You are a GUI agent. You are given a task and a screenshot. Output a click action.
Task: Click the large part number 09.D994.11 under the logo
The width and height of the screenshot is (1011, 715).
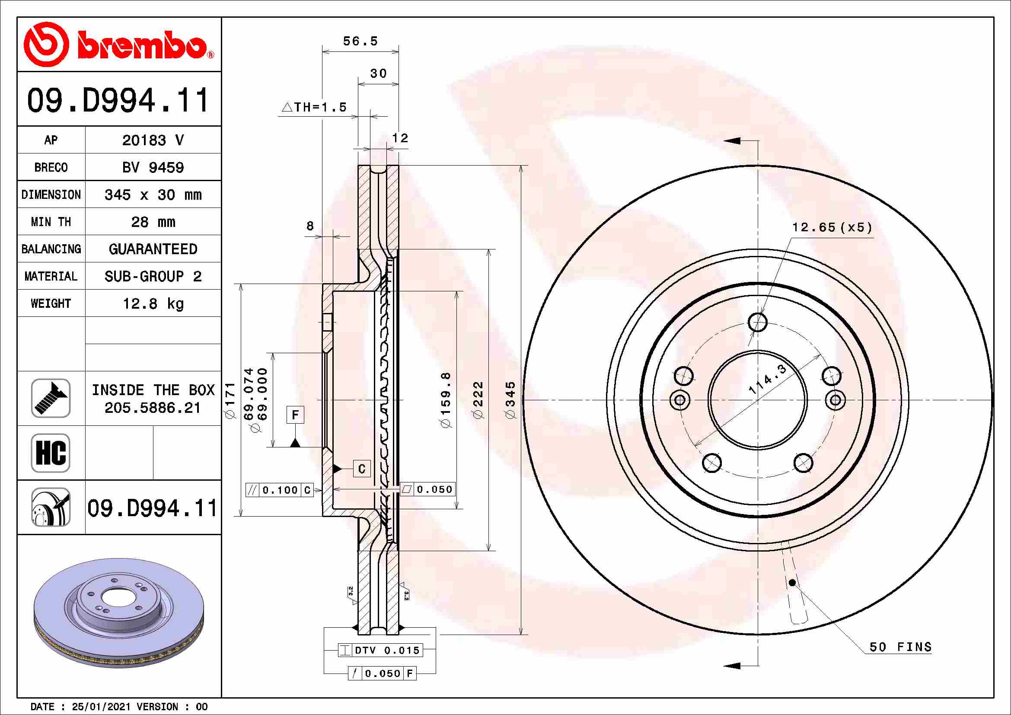point(118,100)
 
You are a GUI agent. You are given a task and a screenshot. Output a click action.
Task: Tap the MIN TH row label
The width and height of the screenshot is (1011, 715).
point(51,222)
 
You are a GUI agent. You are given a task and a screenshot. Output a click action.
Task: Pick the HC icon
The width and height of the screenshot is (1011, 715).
point(51,453)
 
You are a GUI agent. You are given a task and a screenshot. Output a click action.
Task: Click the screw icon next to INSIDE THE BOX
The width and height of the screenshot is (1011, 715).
point(51,398)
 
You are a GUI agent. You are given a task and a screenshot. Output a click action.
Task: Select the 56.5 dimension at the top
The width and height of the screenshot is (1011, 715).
point(360,41)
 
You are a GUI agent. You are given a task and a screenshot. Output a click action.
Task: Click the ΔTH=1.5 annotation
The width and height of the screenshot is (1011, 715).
point(314,107)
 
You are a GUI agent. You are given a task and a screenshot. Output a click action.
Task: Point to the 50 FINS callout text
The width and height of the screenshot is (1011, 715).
point(900,647)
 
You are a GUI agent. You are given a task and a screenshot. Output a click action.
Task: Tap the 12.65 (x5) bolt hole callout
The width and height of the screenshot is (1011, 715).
point(832,227)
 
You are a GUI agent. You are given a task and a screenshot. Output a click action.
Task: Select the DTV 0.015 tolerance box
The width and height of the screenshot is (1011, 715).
point(380,650)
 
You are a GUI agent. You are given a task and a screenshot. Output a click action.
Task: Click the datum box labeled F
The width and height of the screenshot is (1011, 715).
point(295,415)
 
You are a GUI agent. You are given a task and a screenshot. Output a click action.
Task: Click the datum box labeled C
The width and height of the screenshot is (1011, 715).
point(361,469)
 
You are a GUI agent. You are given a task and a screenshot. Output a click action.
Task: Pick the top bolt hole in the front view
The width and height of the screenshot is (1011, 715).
point(757,322)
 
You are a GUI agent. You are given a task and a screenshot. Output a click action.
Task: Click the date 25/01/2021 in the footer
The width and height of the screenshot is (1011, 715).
point(101,707)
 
